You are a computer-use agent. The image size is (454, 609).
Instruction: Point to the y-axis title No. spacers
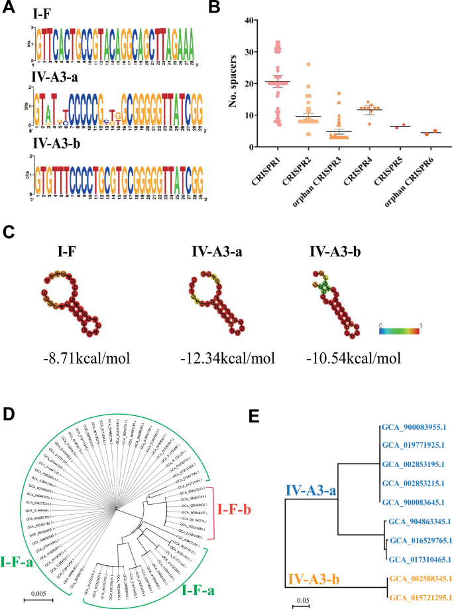(233, 84)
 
